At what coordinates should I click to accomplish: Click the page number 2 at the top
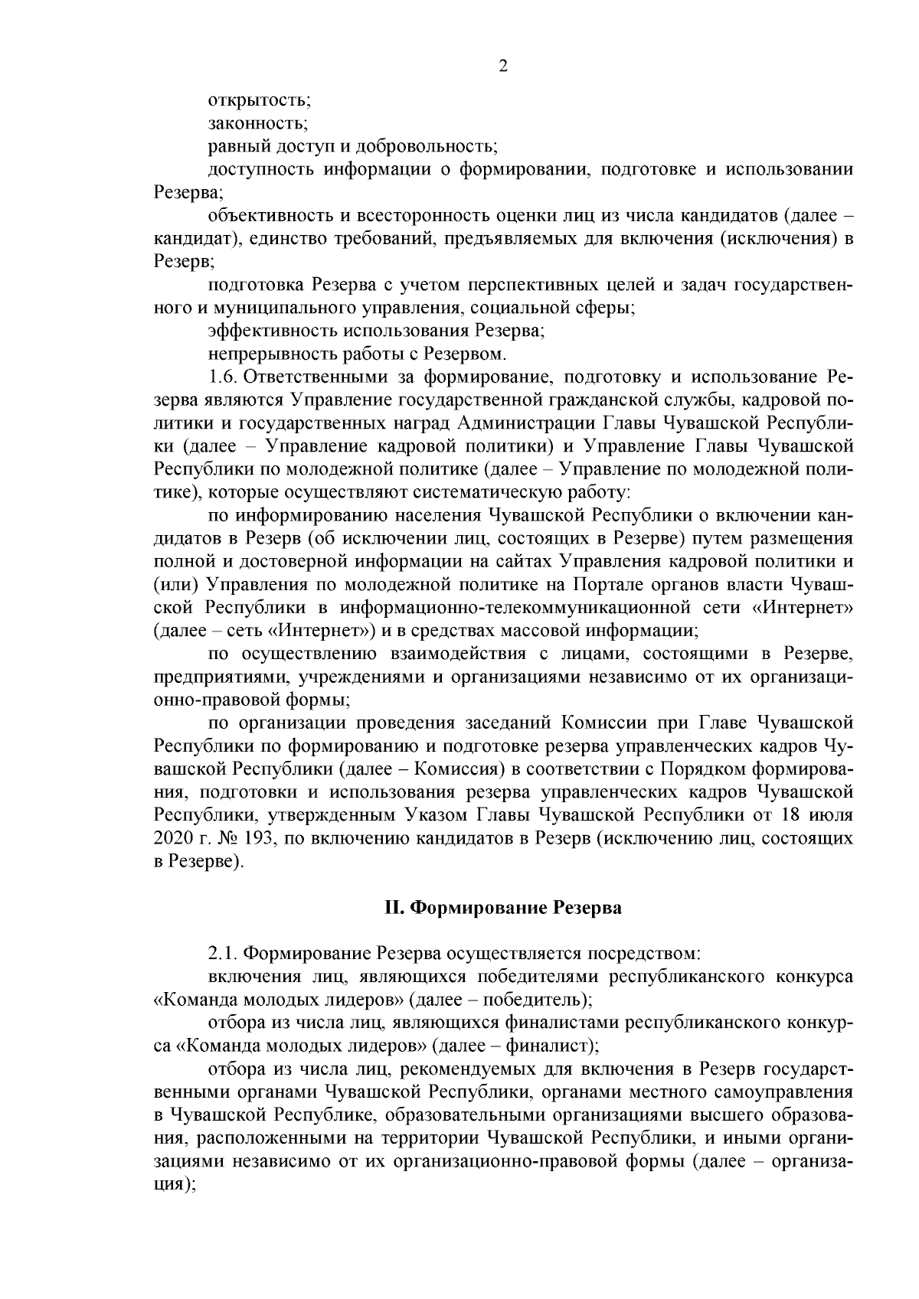point(503,66)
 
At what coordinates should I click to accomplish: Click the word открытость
point(258,100)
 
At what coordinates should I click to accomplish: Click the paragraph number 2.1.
point(223,955)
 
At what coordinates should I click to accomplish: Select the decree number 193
point(252,839)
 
